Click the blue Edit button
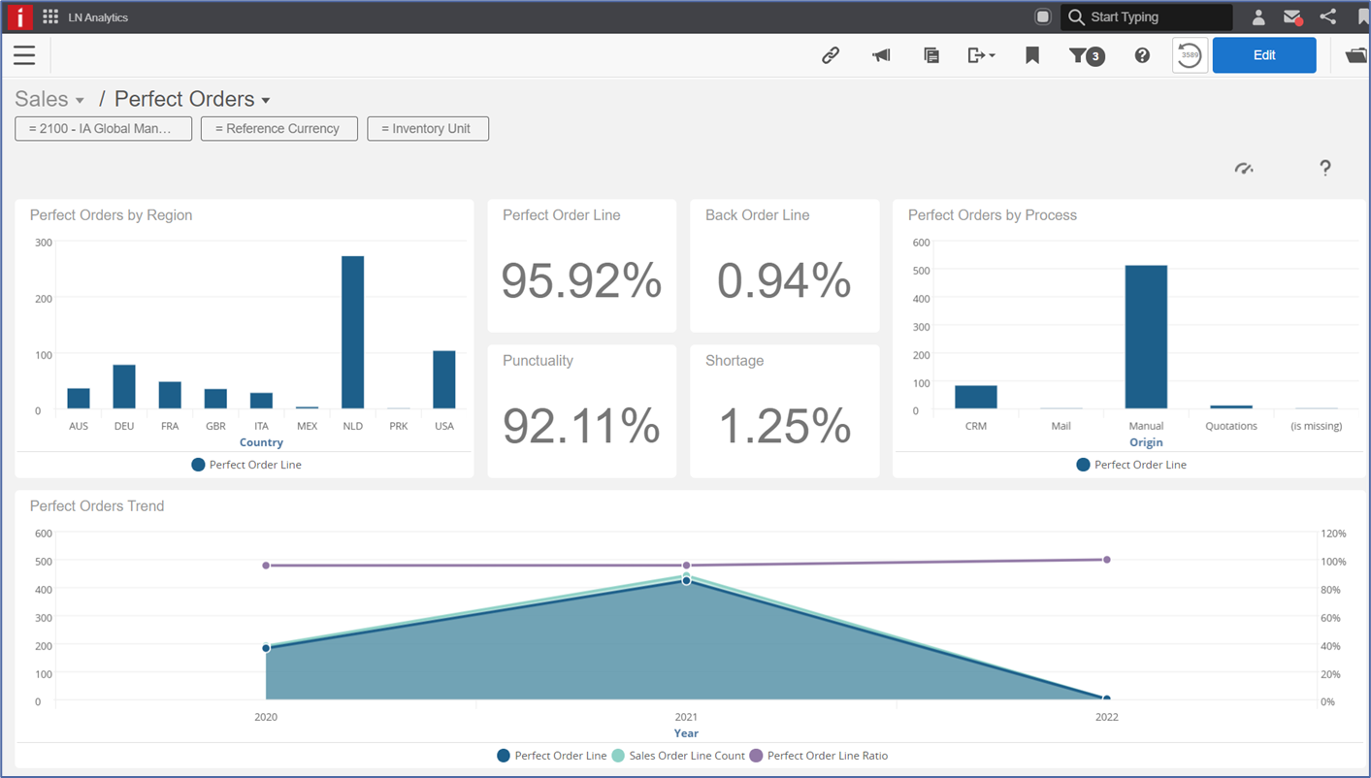point(1264,55)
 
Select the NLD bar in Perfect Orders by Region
point(352,332)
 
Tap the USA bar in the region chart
point(443,379)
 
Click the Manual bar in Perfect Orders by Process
point(1146,337)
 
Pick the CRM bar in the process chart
point(976,397)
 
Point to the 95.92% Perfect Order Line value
point(581,281)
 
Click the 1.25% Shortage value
point(784,426)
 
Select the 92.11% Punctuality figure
point(581,426)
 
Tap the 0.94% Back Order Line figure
point(784,281)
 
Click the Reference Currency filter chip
point(279,129)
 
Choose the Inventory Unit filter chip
point(428,129)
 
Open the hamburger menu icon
point(24,55)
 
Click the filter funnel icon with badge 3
point(1087,55)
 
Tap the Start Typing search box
point(1146,17)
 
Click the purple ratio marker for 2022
point(1106,560)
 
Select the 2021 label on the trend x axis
point(686,717)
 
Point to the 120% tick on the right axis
point(1333,534)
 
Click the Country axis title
point(261,442)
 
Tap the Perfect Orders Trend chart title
point(97,506)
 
